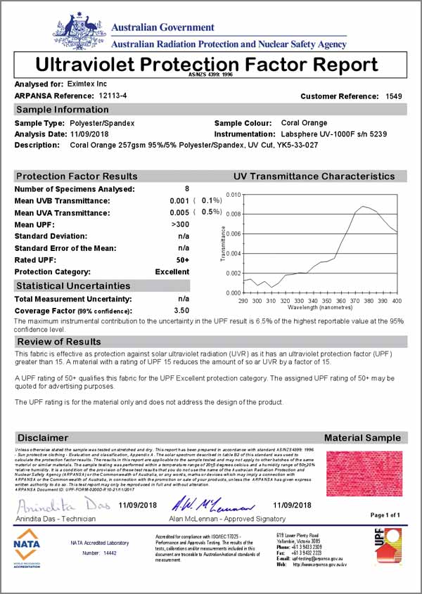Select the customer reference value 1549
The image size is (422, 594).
[x=394, y=96]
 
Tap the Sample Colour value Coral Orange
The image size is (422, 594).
[x=304, y=123]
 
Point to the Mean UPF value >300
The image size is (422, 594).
[x=180, y=224]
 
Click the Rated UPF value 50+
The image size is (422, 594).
[x=181, y=259]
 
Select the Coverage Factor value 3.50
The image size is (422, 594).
[x=181, y=309]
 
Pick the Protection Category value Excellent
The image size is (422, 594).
[x=172, y=271]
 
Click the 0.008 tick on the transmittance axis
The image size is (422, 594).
[x=231, y=214]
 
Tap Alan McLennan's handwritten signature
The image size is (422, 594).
[x=210, y=505]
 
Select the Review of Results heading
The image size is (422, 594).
[x=59, y=342]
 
